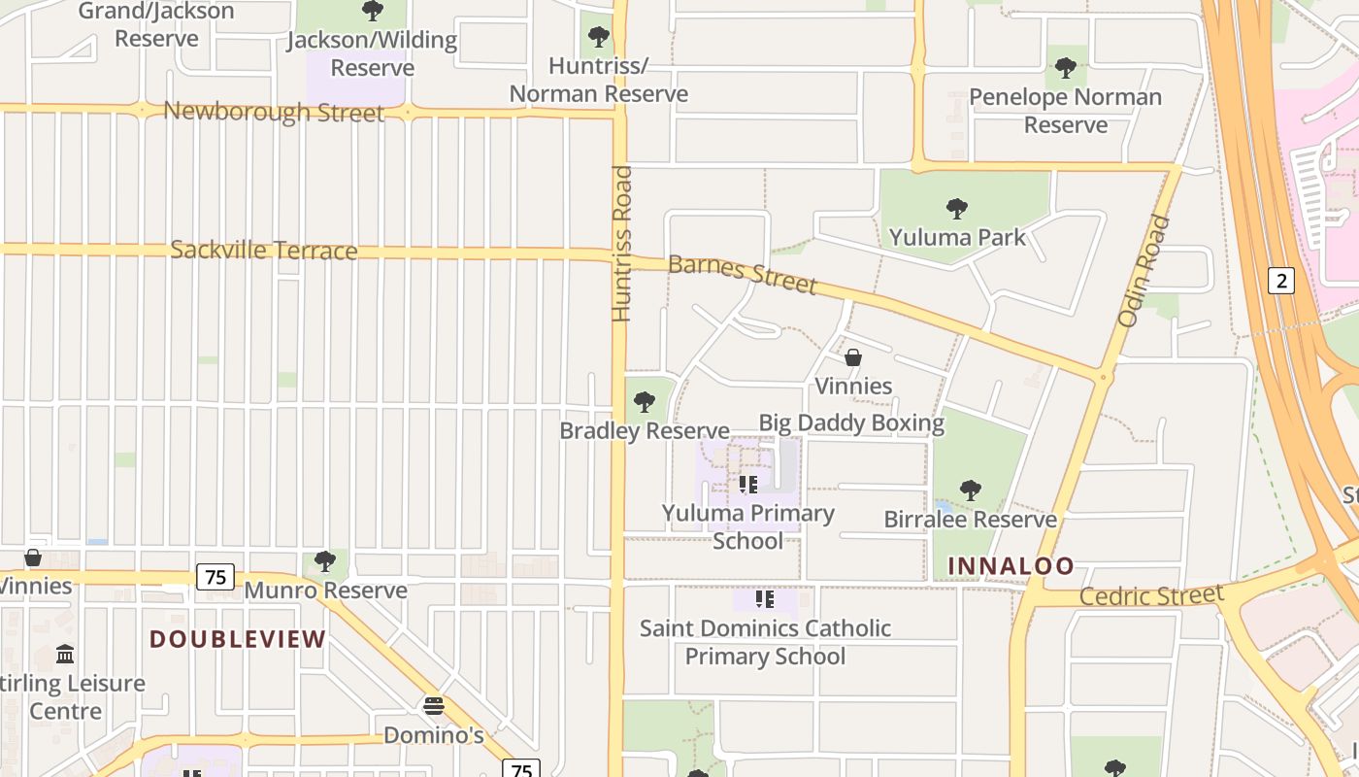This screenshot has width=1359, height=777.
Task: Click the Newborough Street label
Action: tap(274, 112)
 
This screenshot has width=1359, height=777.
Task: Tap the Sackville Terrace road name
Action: tap(264, 250)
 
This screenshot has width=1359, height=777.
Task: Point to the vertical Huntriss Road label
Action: tap(622, 244)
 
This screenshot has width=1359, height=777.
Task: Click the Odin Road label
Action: tap(1144, 271)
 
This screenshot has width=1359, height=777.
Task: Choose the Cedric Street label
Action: tap(1151, 595)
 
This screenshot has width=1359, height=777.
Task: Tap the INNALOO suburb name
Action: tap(1011, 565)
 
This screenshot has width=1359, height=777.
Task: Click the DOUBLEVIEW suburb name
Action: tap(238, 639)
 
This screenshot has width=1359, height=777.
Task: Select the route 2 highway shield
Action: tap(1281, 281)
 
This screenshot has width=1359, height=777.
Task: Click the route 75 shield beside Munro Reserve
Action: tap(215, 577)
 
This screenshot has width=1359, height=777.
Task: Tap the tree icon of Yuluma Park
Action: tap(957, 208)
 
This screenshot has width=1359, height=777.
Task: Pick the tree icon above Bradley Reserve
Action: tap(644, 402)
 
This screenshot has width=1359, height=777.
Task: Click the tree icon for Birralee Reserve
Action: tap(970, 490)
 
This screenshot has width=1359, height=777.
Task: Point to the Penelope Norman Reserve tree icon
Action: tap(1066, 68)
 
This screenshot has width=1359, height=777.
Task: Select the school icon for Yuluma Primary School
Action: tap(747, 484)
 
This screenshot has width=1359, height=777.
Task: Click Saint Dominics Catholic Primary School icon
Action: tap(764, 599)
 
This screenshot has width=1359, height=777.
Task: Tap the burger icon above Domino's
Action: tap(434, 705)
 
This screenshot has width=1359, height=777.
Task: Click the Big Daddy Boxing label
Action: tap(851, 422)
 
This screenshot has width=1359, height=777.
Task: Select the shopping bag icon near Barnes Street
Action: tap(853, 357)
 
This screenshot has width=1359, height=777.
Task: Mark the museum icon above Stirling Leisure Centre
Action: tap(65, 654)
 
